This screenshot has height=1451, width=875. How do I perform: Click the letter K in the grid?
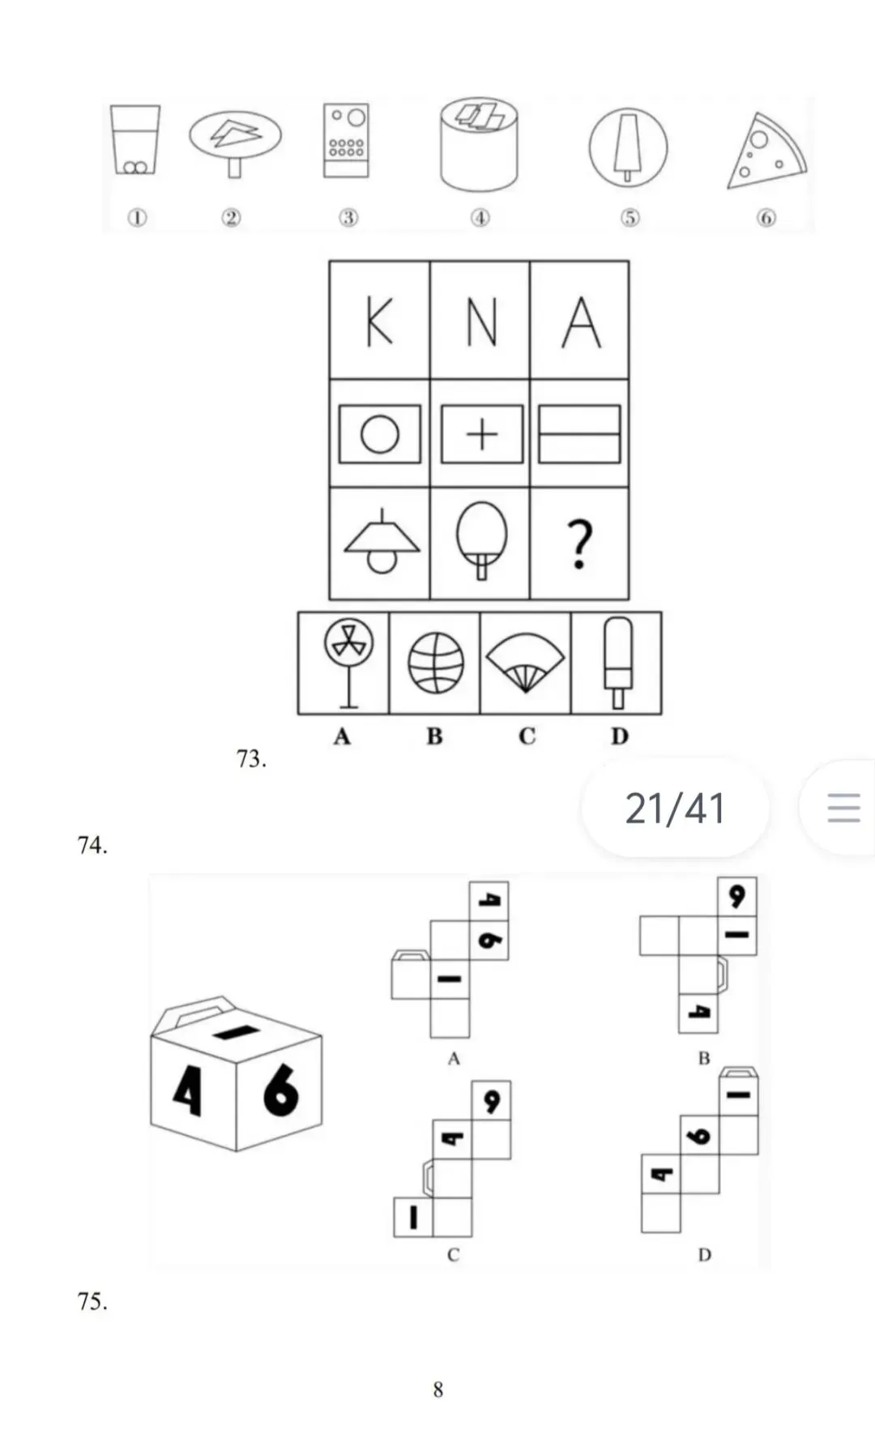point(379,322)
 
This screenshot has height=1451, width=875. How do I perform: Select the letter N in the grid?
point(480,322)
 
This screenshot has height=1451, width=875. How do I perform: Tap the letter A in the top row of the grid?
point(581,322)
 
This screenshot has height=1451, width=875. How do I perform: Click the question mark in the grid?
point(579,544)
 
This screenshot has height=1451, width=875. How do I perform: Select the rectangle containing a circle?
point(379,434)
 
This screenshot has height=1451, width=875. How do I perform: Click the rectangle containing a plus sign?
point(481,434)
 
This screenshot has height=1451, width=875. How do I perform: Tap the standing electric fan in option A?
point(348,662)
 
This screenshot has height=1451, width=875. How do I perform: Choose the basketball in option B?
point(436,663)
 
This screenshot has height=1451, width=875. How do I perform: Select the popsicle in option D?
point(618,662)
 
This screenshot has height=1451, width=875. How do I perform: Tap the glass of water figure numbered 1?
point(135,139)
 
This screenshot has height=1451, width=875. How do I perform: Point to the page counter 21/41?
point(675,808)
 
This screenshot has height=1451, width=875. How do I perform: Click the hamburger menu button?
point(843,808)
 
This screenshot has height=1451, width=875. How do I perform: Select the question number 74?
point(92,845)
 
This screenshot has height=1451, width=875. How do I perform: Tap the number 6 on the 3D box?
point(280,1090)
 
